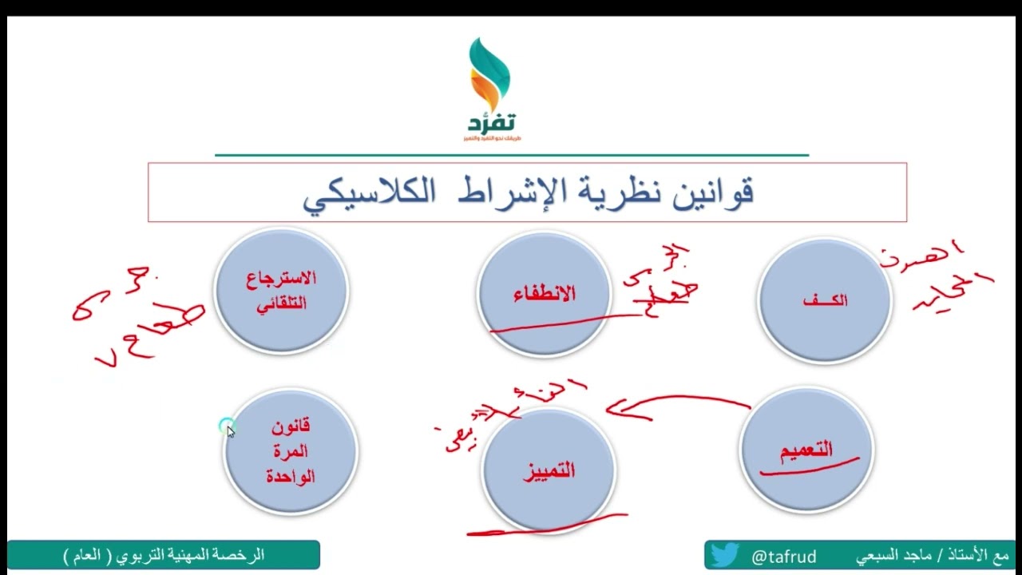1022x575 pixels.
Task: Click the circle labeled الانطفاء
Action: pyautogui.click(x=544, y=293)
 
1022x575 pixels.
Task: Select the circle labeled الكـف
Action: pyautogui.click(x=824, y=300)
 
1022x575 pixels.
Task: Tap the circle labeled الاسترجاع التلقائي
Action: pyautogui.click(x=281, y=290)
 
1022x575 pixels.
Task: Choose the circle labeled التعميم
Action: pyautogui.click(x=806, y=450)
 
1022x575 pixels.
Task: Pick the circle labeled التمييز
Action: pyautogui.click(x=549, y=470)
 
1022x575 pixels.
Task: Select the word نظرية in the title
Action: pyautogui.click(x=630, y=192)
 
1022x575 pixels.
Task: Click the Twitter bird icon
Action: pyautogui.click(x=725, y=554)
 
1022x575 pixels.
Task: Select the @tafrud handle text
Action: pyautogui.click(x=783, y=555)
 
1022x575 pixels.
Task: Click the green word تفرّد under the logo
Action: pyautogui.click(x=491, y=123)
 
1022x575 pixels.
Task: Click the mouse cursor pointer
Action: pyautogui.click(x=230, y=430)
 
